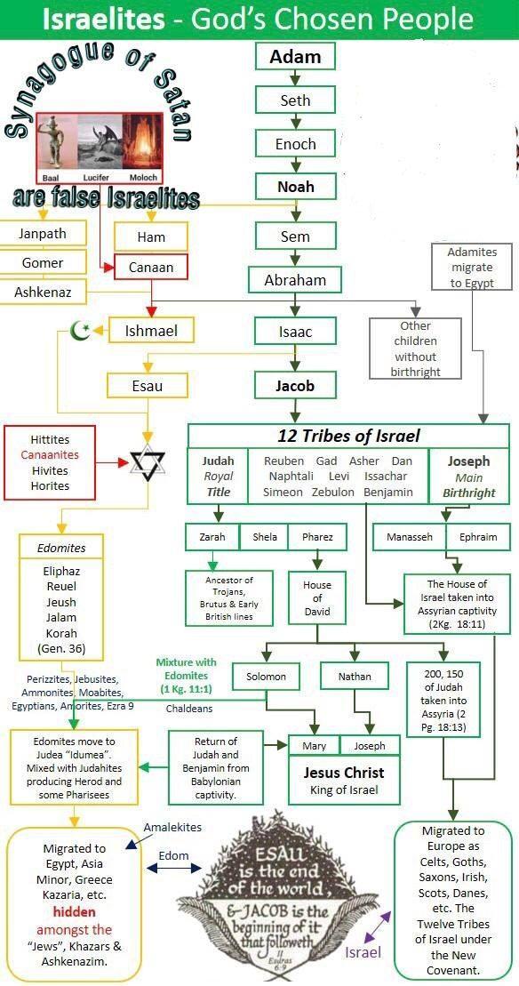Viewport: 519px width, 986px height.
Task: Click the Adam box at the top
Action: (x=295, y=57)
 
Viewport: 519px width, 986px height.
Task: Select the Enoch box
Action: (x=295, y=143)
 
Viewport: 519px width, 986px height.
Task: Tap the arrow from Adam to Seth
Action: (x=295, y=78)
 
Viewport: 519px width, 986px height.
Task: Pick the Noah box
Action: (x=295, y=187)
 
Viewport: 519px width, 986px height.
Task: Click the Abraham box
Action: (x=295, y=280)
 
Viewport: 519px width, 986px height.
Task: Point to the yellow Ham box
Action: (x=151, y=237)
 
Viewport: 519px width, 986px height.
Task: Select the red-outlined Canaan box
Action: (x=151, y=268)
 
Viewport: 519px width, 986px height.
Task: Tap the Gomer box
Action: (x=43, y=262)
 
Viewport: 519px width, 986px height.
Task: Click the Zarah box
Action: (x=212, y=537)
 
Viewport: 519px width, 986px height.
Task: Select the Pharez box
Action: (x=317, y=537)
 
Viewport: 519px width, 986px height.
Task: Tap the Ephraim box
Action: (x=477, y=537)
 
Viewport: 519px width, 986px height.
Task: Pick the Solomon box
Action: (x=266, y=677)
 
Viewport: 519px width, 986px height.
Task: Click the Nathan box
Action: (x=355, y=677)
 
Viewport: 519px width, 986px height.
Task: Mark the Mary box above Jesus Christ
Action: (x=315, y=746)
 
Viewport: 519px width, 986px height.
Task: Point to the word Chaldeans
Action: (x=189, y=709)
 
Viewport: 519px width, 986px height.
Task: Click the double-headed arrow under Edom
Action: (x=173, y=868)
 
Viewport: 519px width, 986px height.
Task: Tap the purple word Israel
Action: (x=363, y=953)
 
